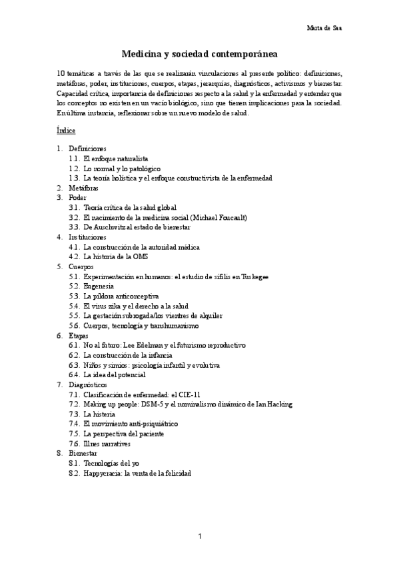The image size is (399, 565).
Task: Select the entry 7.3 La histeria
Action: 99,414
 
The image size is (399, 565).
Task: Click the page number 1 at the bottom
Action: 199,536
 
